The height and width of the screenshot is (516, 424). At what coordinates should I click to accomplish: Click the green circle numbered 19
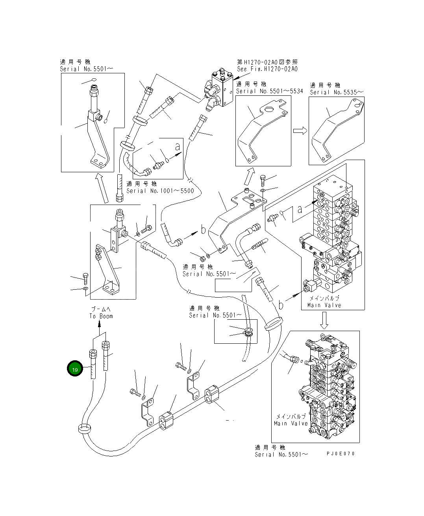pos(75,369)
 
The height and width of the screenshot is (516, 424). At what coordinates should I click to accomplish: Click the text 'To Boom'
pos(101,316)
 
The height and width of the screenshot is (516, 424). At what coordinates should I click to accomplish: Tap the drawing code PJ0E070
pos(341,454)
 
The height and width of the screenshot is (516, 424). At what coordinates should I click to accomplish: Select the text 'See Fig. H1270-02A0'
pos(267,69)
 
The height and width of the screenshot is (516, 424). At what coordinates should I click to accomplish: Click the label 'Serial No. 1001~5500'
pos(160,191)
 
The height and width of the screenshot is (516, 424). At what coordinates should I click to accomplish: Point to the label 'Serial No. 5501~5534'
pos(269,91)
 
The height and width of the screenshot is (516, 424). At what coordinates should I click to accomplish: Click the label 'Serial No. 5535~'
pos(337,92)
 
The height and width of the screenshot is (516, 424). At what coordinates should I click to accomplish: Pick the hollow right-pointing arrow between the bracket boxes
pos(300,131)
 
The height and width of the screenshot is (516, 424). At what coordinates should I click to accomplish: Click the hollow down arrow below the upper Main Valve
pos(324,320)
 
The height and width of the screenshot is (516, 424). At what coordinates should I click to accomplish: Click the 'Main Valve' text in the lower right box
pos(291,423)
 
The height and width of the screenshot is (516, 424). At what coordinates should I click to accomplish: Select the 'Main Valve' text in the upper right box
pos(324,305)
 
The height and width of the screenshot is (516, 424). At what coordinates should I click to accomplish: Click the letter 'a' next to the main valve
pos(300,209)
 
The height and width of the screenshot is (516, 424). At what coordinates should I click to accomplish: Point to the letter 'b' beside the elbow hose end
pos(203,230)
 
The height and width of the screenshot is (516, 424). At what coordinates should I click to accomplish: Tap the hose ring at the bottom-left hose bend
pos(85,428)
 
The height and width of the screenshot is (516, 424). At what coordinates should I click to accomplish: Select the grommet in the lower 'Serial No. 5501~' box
pos(248,332)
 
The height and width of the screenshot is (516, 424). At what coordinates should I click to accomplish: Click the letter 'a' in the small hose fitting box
pos(178,146)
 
